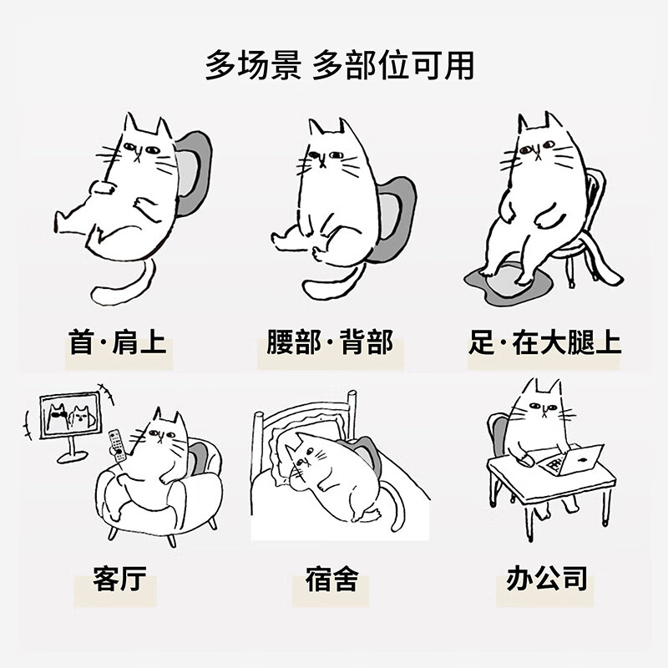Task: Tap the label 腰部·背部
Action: (x=330, y=343)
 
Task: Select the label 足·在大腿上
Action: (x=544, y=343)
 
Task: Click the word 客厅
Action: (x=126, y=579)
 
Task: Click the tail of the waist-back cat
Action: (x=334, y=280)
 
